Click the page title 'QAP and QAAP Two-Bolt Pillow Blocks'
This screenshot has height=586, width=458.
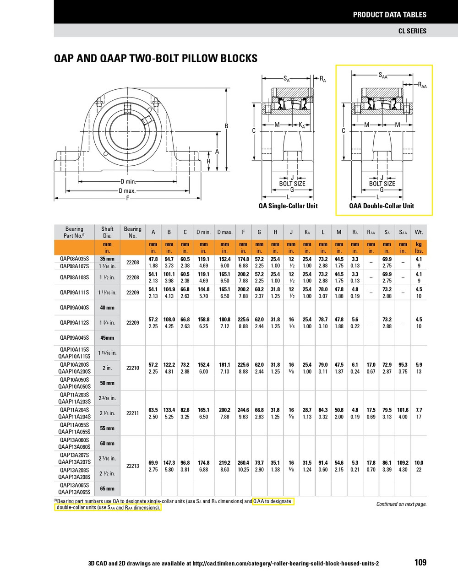point(156,58)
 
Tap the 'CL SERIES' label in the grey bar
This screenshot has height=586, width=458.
point(412,31)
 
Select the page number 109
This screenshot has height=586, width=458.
point(420,562)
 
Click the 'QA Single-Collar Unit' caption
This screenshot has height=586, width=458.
point(288,206)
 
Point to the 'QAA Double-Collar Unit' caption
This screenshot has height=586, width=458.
point(382,206)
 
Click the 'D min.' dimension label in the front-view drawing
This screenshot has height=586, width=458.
point(128,182)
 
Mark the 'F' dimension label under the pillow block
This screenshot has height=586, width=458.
point(128,198)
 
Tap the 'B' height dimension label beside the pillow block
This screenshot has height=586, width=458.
point(226,126)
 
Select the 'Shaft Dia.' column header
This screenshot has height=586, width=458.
point(107,232)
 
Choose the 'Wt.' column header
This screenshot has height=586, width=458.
point(419,232)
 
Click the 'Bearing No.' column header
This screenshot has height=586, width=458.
point(132,232)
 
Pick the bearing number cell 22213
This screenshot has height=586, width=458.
point(132,466)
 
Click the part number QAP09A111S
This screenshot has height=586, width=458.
point(74,292)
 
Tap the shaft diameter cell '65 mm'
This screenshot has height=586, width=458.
point(107,488)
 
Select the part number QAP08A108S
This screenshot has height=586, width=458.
point(74,277)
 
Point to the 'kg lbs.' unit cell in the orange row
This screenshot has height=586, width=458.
point(419,248)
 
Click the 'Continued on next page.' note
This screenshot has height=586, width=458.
point(401,504)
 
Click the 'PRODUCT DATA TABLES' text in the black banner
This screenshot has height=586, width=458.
point(389,15)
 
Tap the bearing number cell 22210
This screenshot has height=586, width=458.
point(132,368)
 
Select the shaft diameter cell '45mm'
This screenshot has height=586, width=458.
point(107,338)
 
